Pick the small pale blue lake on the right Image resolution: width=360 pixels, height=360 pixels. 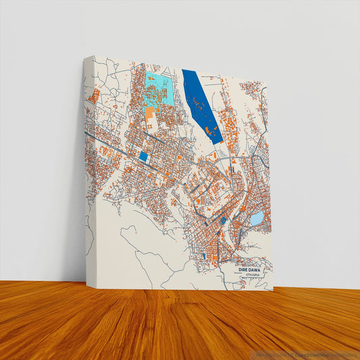point(257,218)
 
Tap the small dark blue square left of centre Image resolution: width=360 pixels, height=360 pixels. point(143,156)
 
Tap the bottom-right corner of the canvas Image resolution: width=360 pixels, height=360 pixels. point(274,290)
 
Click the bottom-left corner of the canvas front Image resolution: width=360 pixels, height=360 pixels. point(95,288)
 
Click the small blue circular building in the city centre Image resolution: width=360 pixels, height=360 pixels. point(222,221)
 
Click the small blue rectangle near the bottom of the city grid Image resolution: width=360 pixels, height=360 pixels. point(202,257)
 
